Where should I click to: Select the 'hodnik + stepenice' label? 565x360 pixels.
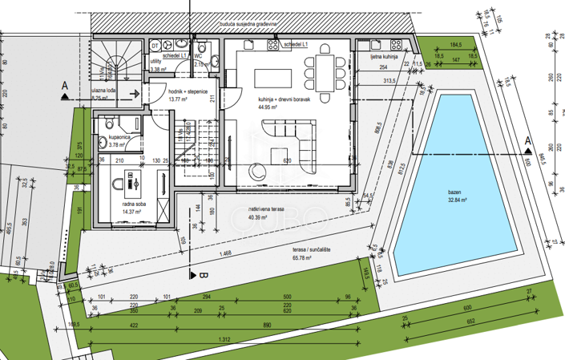188,91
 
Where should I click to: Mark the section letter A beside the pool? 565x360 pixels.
528,142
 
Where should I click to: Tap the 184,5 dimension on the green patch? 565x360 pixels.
456,45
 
